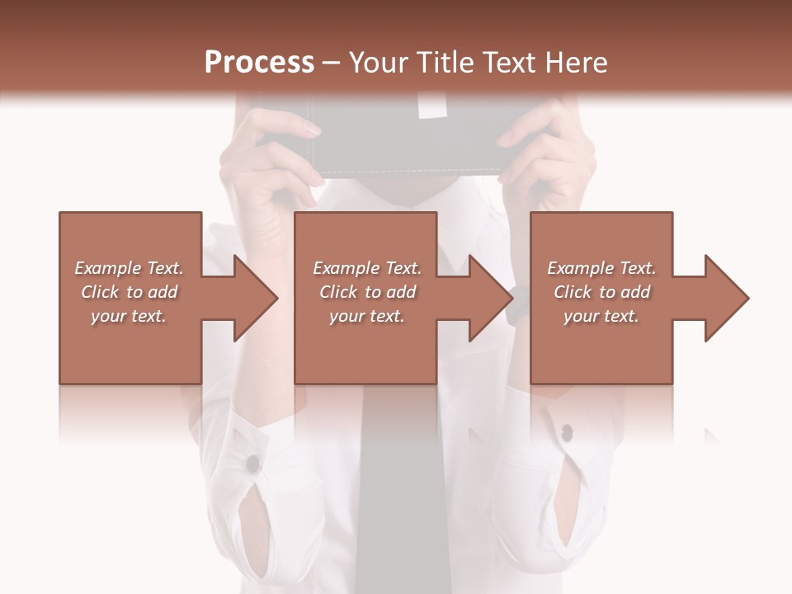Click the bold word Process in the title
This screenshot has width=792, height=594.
(x=259, y=63)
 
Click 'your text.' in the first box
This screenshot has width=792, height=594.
(x=129, y=316)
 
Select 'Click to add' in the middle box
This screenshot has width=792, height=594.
(x=367, y=292)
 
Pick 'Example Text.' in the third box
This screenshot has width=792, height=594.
(x=601, y=268)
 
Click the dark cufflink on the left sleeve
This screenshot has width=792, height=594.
(x=252, y=464)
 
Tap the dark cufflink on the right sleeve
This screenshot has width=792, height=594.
(x=567, y=431)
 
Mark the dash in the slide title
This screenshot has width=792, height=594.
(x=332, y=63)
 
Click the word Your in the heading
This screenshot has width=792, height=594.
(x=379, y=63)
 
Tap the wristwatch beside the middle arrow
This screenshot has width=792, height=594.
(x=517, y=305)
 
